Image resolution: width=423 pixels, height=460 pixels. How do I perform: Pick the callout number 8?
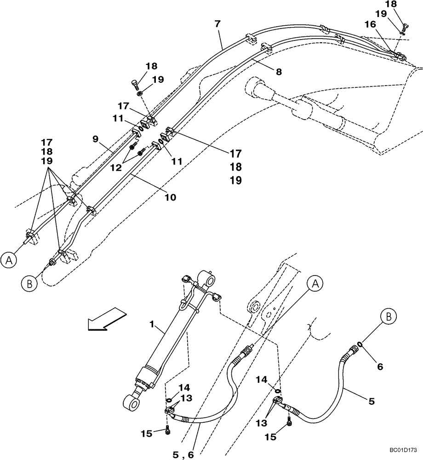point(279,72)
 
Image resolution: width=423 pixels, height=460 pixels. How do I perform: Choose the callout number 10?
point(171,197)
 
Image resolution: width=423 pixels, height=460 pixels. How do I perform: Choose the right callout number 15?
point(271,437)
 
